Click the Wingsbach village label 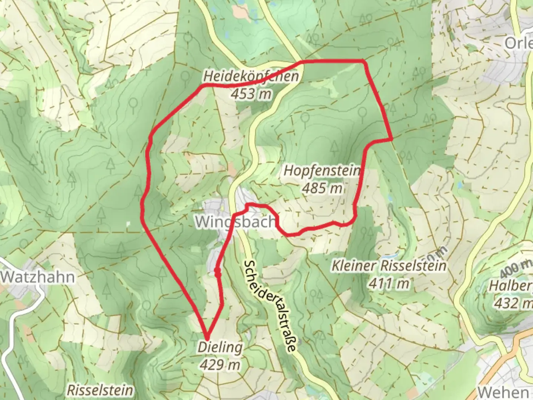click(x=235, y=221)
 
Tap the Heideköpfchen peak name click(x=251, y=77)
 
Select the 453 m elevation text click(x=251, y=94)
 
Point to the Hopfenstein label click(x=322, y=171)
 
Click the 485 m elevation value click(x=322, y=188)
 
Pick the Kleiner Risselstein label click(x=389, y=266)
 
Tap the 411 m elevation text click(x=389, y=283)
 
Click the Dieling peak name click(x=220, y=347)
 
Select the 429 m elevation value click(x=220, y=365)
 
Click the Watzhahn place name click(x=37, y=277)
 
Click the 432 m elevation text click(x=513, y=303)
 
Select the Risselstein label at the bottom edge click(x=100, y=390)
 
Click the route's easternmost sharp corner click(x=392, y=139)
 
